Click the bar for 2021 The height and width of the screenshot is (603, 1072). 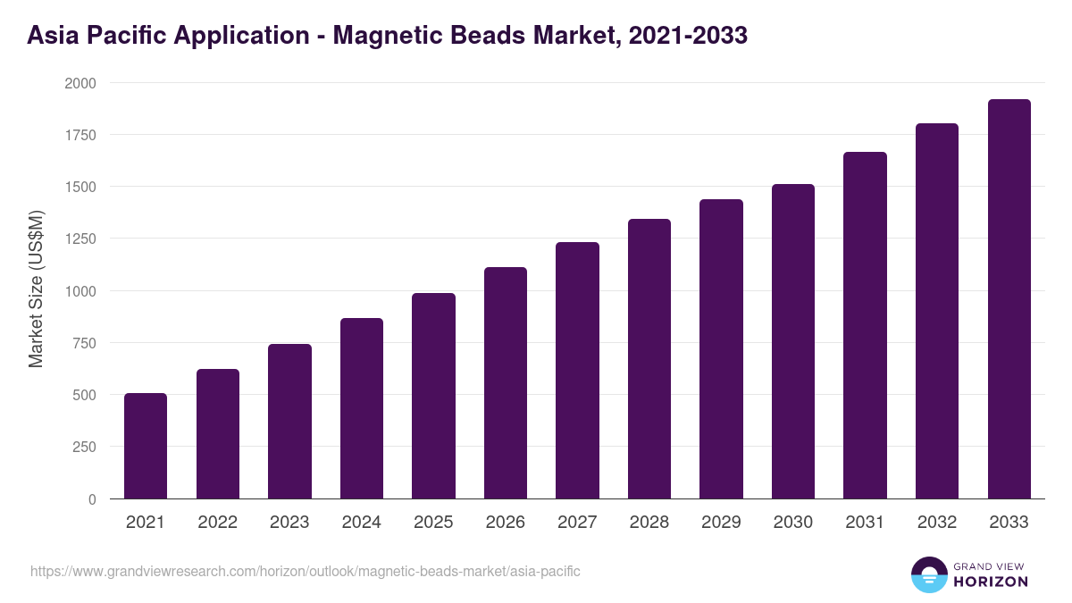[146, 446]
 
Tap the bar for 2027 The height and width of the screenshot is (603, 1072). [577, 371]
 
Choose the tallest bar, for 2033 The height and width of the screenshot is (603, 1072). [1009, 299]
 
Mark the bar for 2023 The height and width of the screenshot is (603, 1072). [289, 421]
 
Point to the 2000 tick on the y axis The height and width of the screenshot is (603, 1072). [82, 83]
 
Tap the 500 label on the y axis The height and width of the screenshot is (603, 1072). [86, 396]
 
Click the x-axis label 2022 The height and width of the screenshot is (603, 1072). [217, 523]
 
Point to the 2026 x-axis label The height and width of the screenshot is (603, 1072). [506, 523]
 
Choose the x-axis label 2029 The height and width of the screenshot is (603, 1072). [721, 523]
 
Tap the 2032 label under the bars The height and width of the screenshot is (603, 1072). [937, 523]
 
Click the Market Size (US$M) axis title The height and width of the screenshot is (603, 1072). [36, 290]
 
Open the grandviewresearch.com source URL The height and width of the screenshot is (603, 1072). [306, 571]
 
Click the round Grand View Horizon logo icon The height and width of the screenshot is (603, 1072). [928, 575]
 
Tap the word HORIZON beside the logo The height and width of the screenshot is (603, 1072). [990, 582]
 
